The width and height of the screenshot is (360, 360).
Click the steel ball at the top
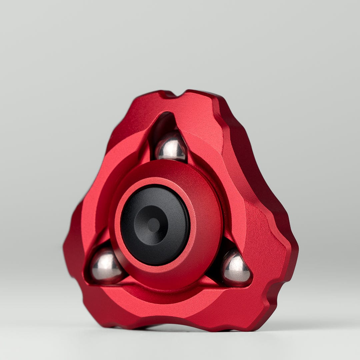[171, 147]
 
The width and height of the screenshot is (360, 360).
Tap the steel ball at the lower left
[106, 266]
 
